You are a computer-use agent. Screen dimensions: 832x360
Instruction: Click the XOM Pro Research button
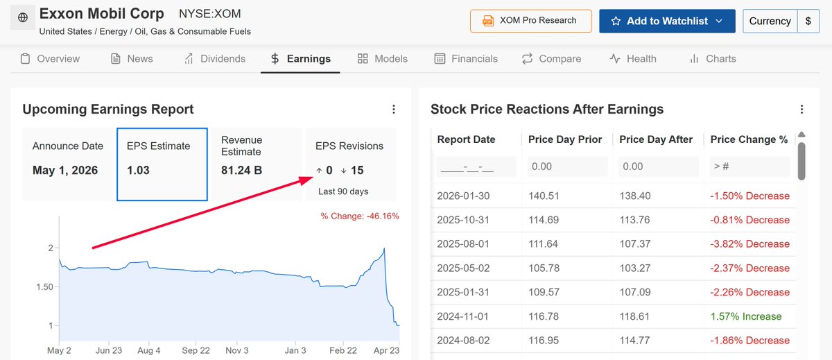coord(531,21)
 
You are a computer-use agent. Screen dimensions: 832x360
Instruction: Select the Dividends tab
coord(215,59)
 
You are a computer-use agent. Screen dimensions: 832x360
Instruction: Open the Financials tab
coord(466,59)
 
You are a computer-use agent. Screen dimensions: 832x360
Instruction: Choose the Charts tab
coord(713,59)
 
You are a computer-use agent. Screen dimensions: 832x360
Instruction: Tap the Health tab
coord(633,59)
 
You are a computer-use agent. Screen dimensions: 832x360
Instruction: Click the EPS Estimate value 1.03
coord(138,170)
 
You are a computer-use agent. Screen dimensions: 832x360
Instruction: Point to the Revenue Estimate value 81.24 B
coord(241,170)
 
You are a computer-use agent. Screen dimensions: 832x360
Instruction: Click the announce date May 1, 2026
coord(65,170)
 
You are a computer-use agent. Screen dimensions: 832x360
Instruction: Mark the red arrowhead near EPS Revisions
coord(306,180)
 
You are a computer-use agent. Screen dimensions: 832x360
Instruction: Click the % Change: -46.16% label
coord(360,216)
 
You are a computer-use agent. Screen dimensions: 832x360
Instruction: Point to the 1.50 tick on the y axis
coord(44,286)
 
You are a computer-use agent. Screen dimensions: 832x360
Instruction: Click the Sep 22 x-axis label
coord(196,350)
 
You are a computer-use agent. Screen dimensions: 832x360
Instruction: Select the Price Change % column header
coord(749,139)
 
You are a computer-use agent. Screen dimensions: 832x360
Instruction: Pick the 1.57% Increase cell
coord(746,316)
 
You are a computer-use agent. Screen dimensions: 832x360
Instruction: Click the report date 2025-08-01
coord(463,243)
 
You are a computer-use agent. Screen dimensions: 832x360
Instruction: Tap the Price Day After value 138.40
coord(635,196)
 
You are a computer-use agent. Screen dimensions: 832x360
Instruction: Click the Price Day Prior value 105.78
coord(544,268)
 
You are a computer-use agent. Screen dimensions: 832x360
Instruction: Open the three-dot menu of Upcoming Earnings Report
coord(394,109)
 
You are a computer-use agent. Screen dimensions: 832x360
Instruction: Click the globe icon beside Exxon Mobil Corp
coord(23,17)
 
